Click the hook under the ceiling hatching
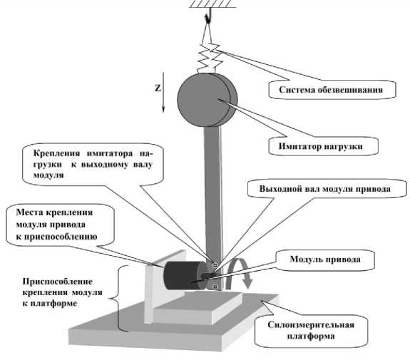pos(208,16)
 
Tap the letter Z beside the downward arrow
pos(158,88)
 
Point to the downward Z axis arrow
pos(163,92)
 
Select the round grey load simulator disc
pos(207,100)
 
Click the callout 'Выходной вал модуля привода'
pos(327,188)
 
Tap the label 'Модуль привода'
pos(325,259)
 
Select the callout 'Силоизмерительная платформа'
pos(311,330)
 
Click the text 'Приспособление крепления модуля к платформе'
pos(62,292)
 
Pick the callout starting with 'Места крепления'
pos(60,225)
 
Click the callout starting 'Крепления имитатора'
pos(93,164)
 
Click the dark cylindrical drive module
pos(183,276)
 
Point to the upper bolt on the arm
pos(215,265)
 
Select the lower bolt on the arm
pos(215,287)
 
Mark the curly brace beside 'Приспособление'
pos(119,298)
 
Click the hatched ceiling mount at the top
pos(212,4)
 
